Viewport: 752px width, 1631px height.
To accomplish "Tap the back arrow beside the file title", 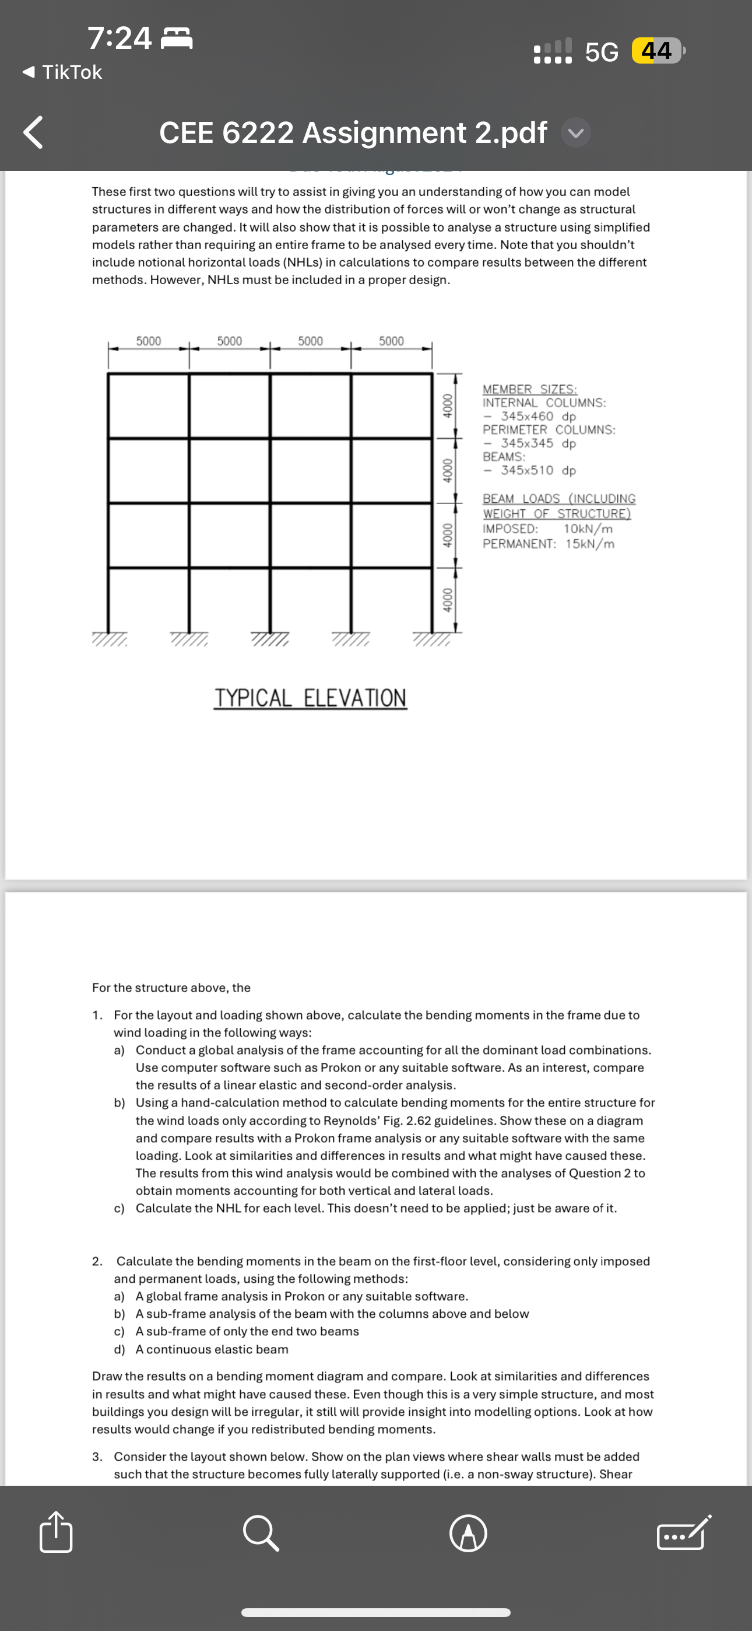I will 33,132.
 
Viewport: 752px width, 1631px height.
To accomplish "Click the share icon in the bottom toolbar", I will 56,1532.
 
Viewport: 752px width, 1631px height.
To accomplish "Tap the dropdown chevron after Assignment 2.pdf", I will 575,133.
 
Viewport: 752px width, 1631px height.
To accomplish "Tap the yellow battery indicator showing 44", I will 656,51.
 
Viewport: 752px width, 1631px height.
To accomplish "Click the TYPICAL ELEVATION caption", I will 310,698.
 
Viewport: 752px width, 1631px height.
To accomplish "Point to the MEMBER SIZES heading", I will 530,388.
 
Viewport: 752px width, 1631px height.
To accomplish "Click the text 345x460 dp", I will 538,416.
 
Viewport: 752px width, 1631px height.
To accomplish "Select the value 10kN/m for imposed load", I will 588,528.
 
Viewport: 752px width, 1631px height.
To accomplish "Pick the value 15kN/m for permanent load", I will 590,544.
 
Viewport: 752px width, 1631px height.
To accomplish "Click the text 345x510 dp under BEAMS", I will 538,470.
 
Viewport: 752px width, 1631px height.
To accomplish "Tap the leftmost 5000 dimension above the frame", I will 149,341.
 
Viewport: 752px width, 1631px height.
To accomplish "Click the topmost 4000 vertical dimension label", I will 448,405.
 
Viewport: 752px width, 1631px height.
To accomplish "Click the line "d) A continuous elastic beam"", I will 201,1349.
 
